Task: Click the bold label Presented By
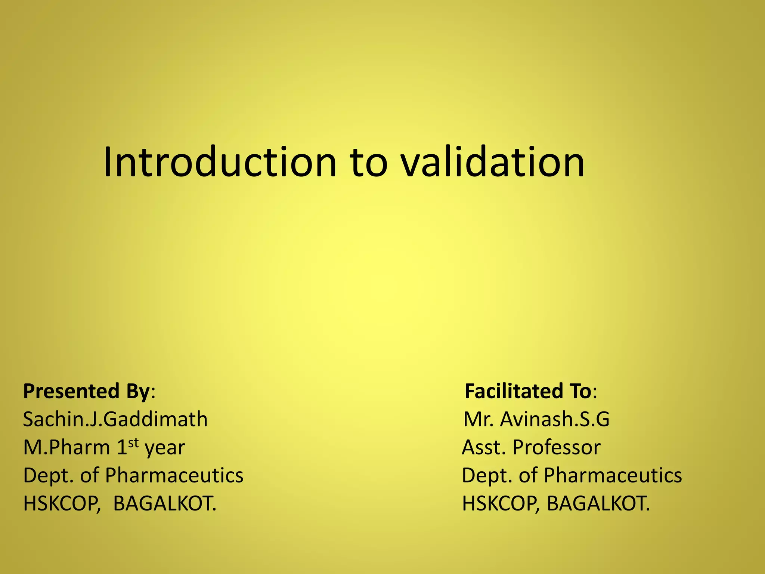pyautogui.click(x=86, y=391)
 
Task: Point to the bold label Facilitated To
pyautogui.click(x=528, y=391)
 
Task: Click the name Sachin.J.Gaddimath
pyautogui.click(x=115, y=419)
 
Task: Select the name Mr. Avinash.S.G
pyautogui.click(x=536, y=419)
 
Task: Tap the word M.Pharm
pyautogui.click(x=66, y=447)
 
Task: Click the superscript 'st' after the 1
pyautogui.click(x=134, y=443)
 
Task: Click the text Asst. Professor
pyautogui.click(x=531, y=447)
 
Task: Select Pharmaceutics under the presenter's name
pyautogui.click(x=174, y=475)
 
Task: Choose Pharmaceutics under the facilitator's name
pyautogui.click(x=613, y=475)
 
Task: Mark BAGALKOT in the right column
pyautogui.click(x=598, y=504)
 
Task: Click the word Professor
pyautogui.click(x=557, y=447)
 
